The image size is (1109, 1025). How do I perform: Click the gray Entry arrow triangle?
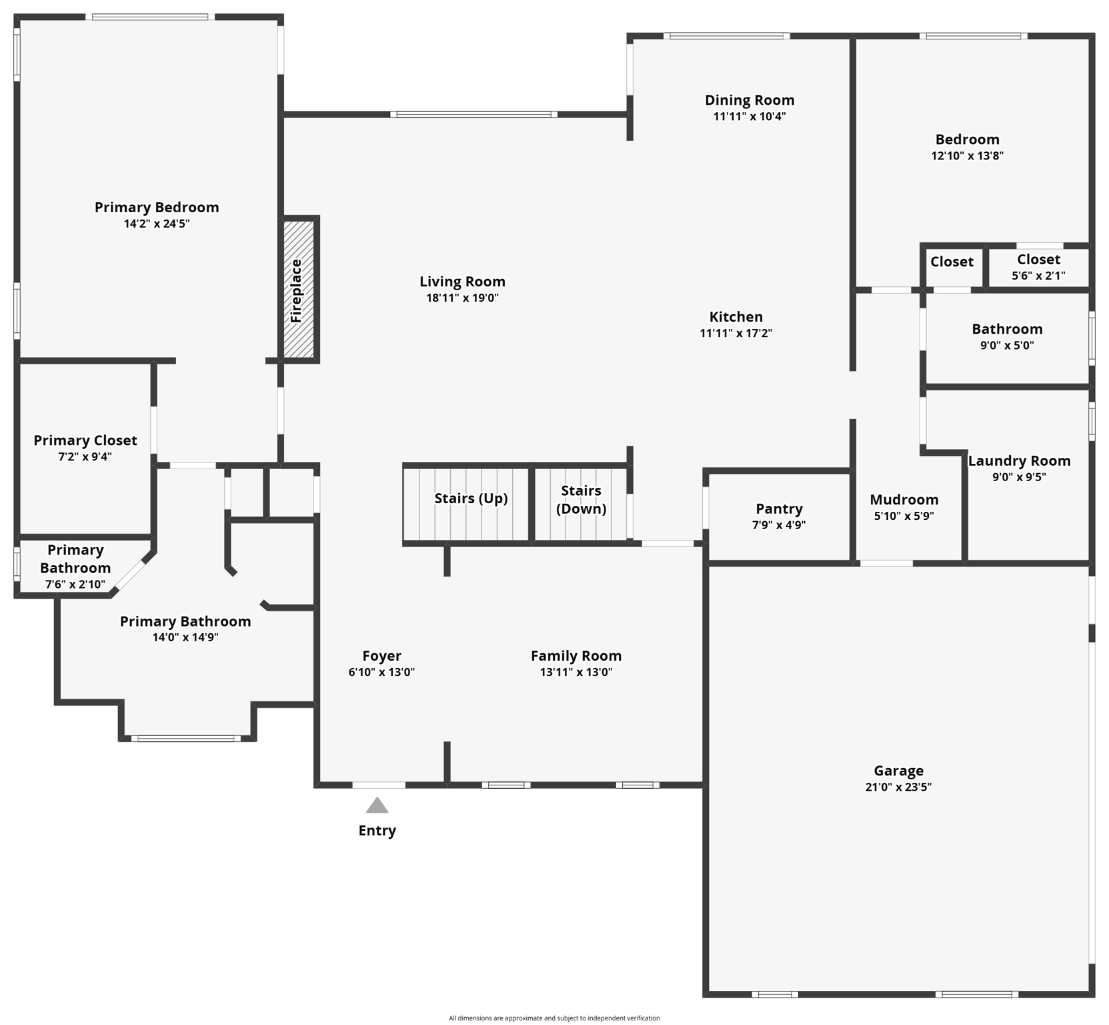pyautogui.click(x=377, y=806)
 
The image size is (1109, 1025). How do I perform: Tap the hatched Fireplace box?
pyautogui.click(x=298, y=290)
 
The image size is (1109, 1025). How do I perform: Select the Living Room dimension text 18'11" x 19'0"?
pyautogui.click(x=462, y=298)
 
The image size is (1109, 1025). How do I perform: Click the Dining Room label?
pyautogui.click(x=750, y=100)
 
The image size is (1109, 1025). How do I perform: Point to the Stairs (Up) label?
pyautogui.click(x=471, y=498)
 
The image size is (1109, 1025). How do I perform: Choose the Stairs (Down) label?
pyautogui.click(x=581, y=500)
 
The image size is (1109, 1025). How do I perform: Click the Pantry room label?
pyautogui.click(x=779, y=509)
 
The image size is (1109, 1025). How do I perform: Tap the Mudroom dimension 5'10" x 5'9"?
pyautogui.click(x=904, y=516)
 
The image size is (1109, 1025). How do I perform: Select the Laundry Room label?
pyautogui.click(x=1019, y=461)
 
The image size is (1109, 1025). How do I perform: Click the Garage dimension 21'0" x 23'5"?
pyautogui.click(x=898, y=787)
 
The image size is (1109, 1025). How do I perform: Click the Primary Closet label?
pyautogui.click(x=85, y=440)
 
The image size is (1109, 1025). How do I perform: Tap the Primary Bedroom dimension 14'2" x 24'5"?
pyautogui.click(x=157, y=224)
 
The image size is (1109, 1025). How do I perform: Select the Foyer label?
pyautogui.click(x=381, y=656)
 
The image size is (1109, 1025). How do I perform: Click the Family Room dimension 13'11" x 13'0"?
pyautogui.click(x=576, y=672)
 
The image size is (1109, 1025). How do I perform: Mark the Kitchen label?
pyautogui.click(x=736, y=317)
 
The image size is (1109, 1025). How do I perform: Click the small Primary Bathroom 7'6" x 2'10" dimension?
pyautogui.click(x=75, y=585)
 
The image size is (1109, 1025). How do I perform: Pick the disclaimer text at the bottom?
pyautogui.click(x=554, y=1018)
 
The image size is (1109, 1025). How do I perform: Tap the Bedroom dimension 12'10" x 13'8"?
pyautogui.click(x=967, y=155)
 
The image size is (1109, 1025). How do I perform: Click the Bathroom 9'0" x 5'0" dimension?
pyautogui.click(x=1007, y=345)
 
